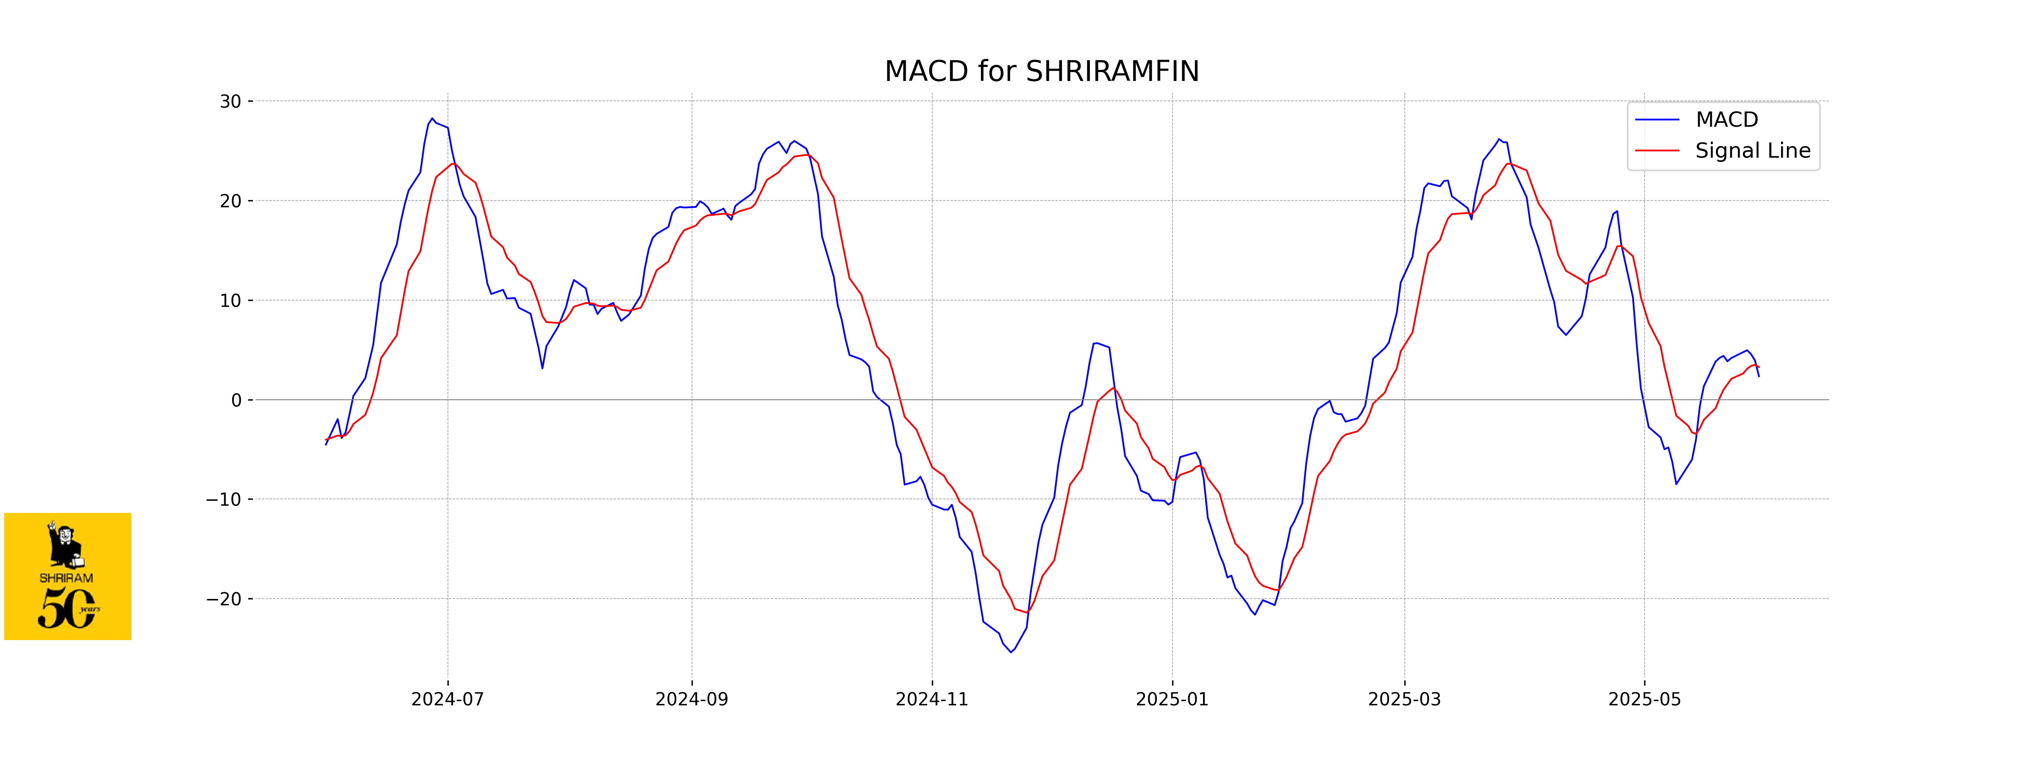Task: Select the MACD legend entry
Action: [x=1726, y=120]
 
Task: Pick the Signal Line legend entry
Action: [x=1752, y=151]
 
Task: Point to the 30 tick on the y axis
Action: [x=231, y=102]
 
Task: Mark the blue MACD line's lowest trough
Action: [x=1011, y=652]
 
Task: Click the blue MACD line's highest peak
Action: [x=432, y=119]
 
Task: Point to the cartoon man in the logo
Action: [x=65, y=545]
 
